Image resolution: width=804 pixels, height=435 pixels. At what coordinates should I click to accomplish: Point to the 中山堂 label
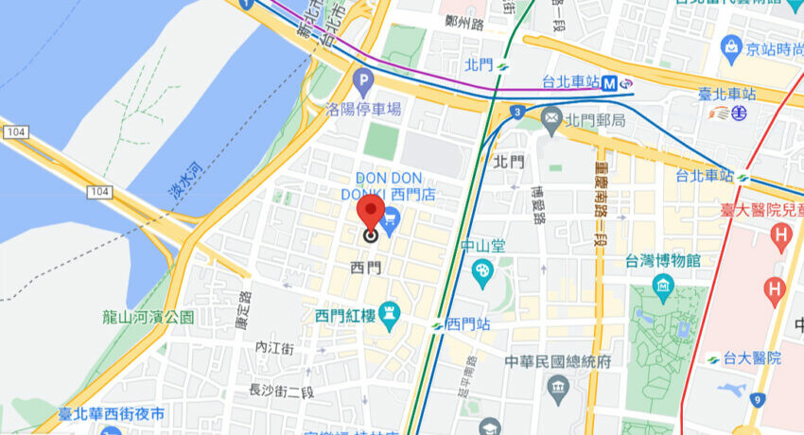point(483,246)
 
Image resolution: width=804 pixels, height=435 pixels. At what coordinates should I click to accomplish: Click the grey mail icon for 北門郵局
point(552,119)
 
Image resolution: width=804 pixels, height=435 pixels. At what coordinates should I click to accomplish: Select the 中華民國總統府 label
point(558,361)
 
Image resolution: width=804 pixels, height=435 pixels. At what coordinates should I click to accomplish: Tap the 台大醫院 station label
point(753,357)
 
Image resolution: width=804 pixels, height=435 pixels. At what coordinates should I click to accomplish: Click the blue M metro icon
point(612,83)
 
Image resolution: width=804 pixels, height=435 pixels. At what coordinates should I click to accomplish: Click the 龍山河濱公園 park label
point(149,317)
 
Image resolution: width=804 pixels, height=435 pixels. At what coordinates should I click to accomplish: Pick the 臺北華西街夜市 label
point(111,414)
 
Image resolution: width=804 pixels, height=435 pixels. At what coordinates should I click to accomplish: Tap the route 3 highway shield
point(517,113)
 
